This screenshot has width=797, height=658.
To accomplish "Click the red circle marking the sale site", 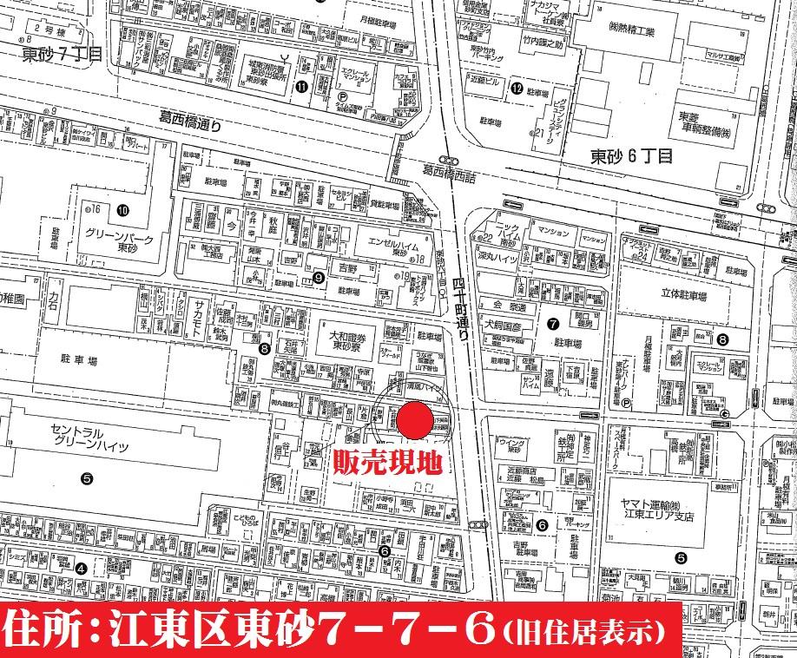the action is [x=415, y=420].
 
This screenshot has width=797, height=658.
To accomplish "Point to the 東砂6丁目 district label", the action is [x=631, y=157].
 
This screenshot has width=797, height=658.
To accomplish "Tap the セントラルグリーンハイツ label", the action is [x=90, y=439].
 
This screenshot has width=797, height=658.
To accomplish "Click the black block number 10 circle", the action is [x=122, y=210].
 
